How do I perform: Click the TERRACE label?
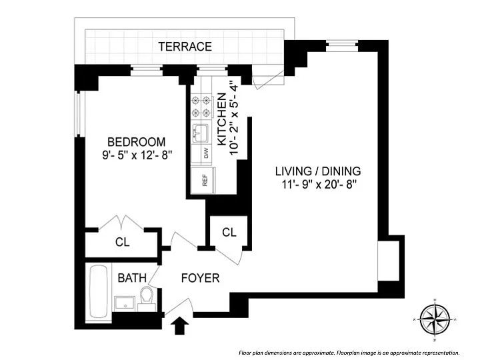(185, 47)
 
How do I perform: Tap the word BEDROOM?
(136, 142)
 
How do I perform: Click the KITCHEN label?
(222, 120)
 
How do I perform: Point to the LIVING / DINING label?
(318, 171)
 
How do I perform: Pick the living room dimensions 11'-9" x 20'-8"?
(318, 185)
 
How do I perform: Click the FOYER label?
(200, 278)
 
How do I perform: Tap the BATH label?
(132, 278)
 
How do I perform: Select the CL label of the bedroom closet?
(122, 243)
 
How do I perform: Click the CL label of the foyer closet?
(229, 233)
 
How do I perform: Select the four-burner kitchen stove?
(201, 106)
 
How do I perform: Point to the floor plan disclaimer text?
(349, 353)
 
